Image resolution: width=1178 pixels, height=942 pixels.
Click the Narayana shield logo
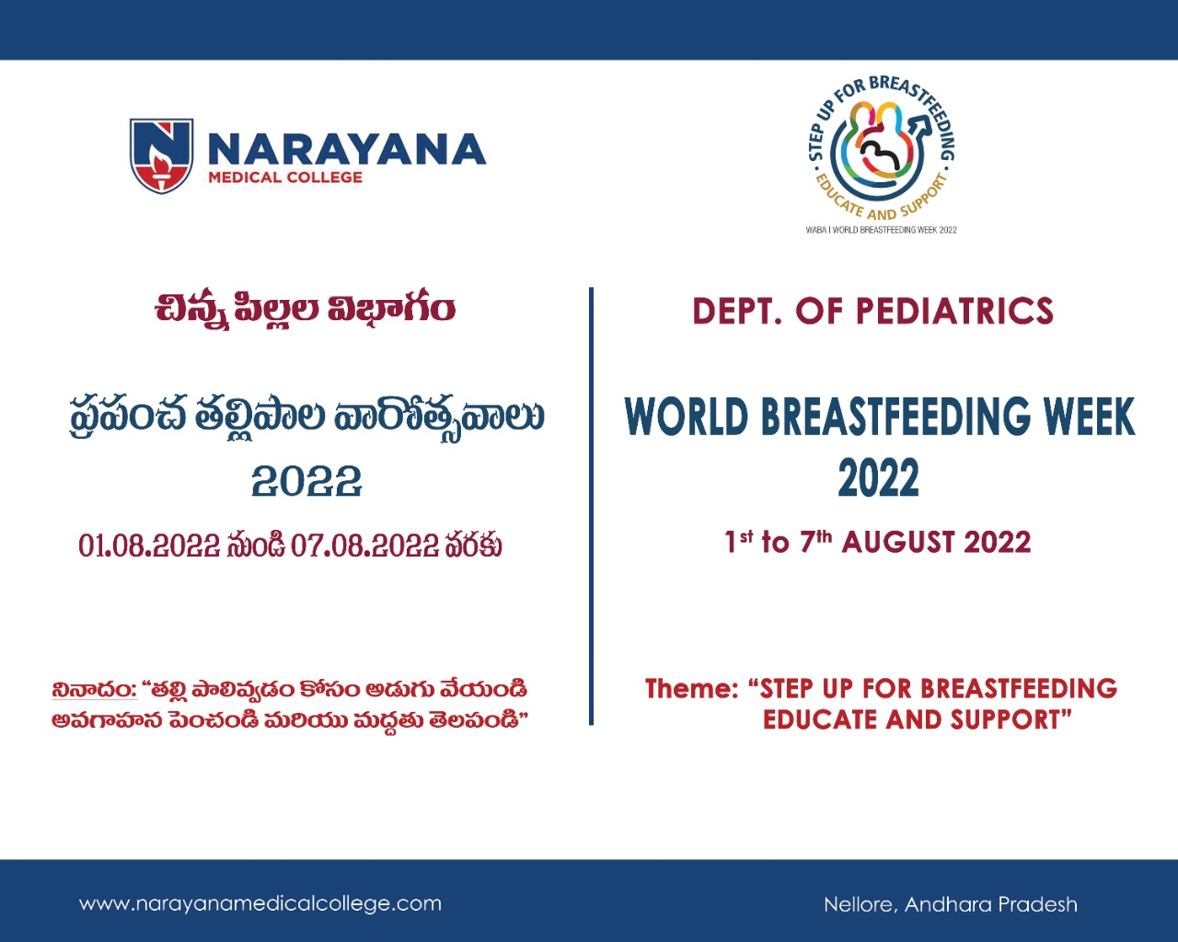click(161, 155)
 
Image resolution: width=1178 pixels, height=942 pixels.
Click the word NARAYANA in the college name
click(347, 149)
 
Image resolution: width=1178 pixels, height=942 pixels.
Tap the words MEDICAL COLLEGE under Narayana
click(285, 178)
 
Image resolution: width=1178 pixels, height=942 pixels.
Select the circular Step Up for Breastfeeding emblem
click(882, 148)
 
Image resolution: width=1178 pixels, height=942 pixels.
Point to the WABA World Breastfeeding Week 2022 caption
click(882, 230)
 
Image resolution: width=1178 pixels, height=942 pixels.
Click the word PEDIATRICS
click(954, 311)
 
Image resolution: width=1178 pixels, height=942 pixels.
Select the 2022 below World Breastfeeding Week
click(879, 477)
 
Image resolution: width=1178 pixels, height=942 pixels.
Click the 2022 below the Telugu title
click(306, 481)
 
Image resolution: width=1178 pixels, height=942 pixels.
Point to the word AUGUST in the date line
click(899, 542)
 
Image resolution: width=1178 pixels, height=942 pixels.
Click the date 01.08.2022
click(149, 546)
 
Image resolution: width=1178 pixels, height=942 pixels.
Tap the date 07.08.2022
click(364, 546)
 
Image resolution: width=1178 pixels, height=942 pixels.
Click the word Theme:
click(692, 689)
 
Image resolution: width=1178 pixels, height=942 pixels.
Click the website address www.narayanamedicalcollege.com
click(260, 903)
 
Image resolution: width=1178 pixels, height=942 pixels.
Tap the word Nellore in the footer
click(860, 905)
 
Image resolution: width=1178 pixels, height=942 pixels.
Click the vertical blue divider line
click(591, 506)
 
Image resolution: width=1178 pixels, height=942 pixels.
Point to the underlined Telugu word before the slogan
click(94, 689)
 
